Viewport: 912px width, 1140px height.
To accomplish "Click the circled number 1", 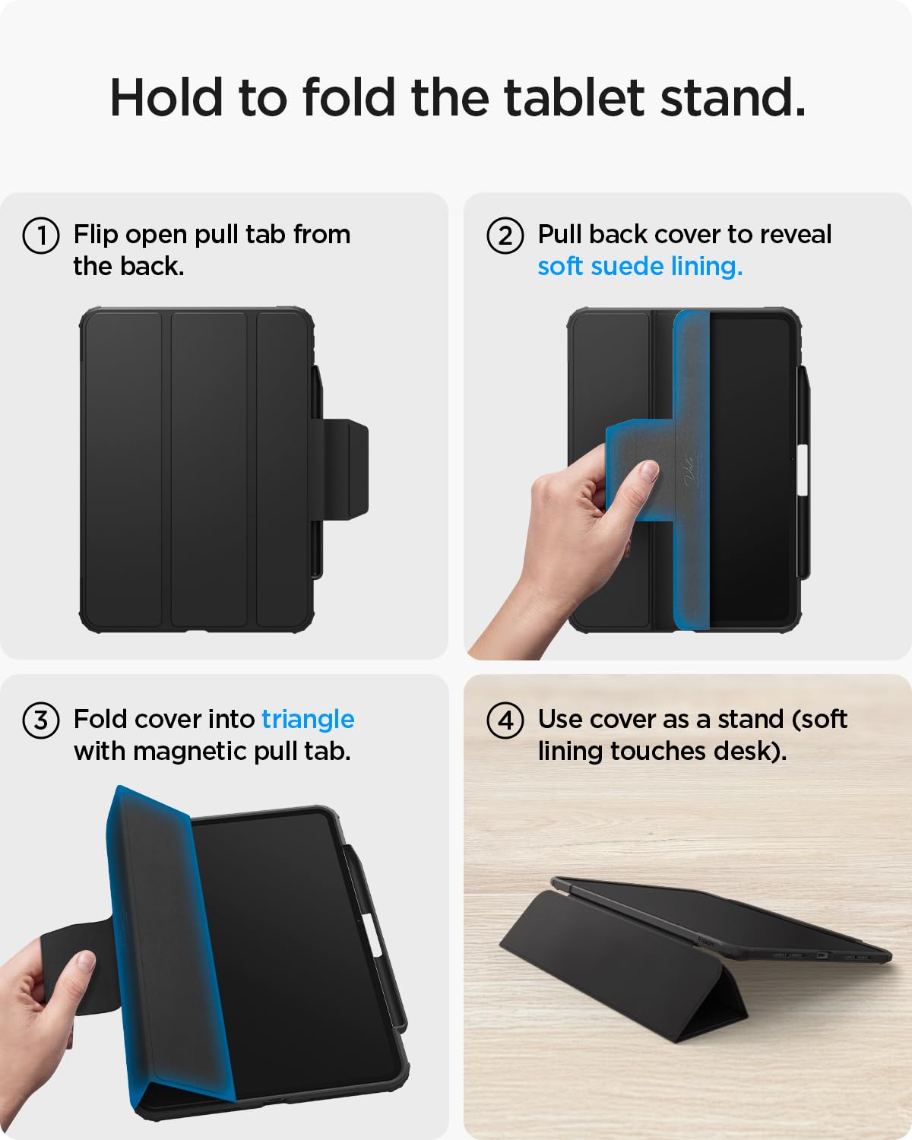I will tap(41, 236).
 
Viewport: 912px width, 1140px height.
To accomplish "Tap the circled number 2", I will tap(505, 236).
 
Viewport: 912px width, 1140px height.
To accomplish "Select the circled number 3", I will tap(41, 720).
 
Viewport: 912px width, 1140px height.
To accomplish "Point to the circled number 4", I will tap(505, 720).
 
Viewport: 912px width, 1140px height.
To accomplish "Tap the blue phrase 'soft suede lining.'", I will tap(640, 266).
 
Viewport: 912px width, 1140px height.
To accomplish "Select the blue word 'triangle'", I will tap(308, 719).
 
